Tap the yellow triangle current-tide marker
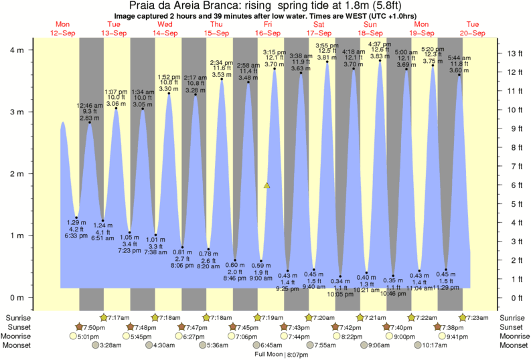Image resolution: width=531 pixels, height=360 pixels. [x=267, y=185]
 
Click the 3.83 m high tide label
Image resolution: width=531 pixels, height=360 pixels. [x=380, y=57]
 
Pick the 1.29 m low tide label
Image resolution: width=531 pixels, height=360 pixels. [x=77, y=222]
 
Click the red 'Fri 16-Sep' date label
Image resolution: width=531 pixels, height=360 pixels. [x=268, y=29]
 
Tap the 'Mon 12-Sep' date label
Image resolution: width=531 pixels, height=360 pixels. [x=63, y=29]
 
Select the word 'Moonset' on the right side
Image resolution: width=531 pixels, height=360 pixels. [x=513, y=345]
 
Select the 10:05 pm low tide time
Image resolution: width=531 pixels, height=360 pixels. [x=341, y=294]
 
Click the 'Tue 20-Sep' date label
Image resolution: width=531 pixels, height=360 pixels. [x=472, y=29]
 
